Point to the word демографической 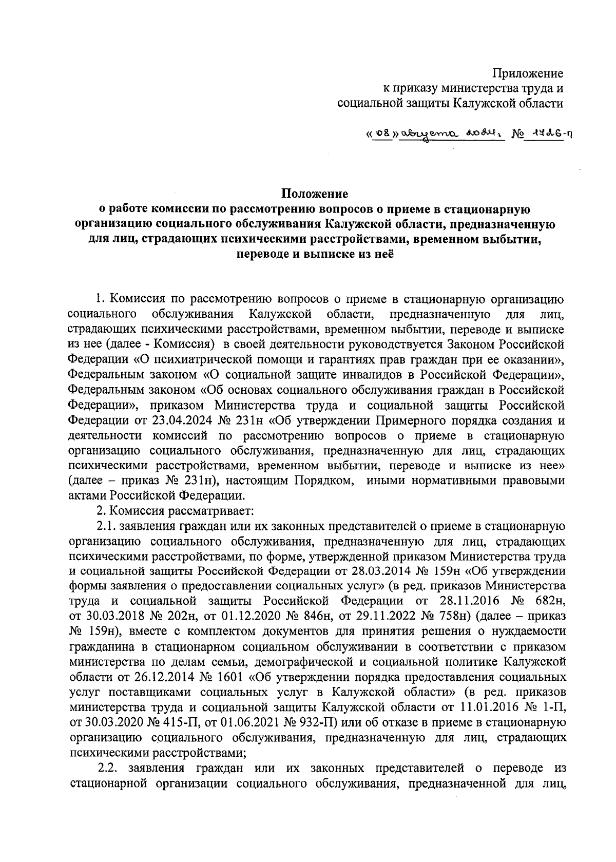(x=361, y=660)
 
